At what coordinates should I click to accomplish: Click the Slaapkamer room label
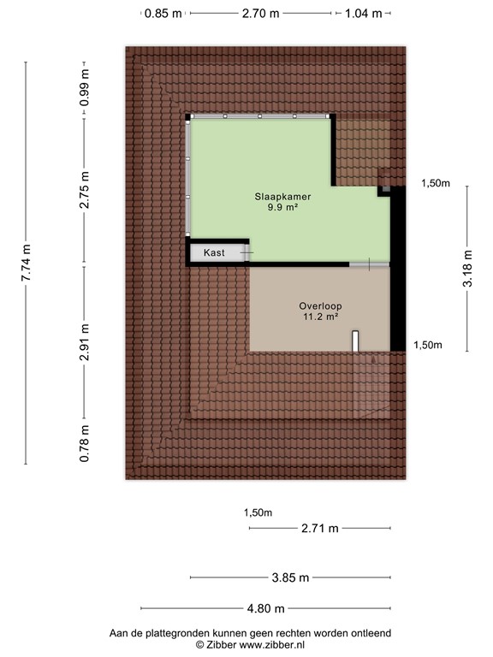(282, 195)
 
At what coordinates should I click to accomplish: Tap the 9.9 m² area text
(282, 207)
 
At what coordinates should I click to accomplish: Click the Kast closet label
(214, 253)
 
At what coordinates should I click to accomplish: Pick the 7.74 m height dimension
(27, 263)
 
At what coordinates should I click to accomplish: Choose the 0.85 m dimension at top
(163, 14)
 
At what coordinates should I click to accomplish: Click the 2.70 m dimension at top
(261, 14)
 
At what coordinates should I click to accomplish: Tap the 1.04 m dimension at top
(363, 14)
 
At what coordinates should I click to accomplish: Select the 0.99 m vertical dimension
(85, 88)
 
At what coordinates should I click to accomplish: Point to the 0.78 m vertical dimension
(85, 445)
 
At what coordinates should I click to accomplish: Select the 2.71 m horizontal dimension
(319, 529)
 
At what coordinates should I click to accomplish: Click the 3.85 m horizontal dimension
(290, 577)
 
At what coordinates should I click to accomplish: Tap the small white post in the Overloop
(354, 341)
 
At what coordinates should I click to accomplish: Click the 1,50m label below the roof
(258, 513)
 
